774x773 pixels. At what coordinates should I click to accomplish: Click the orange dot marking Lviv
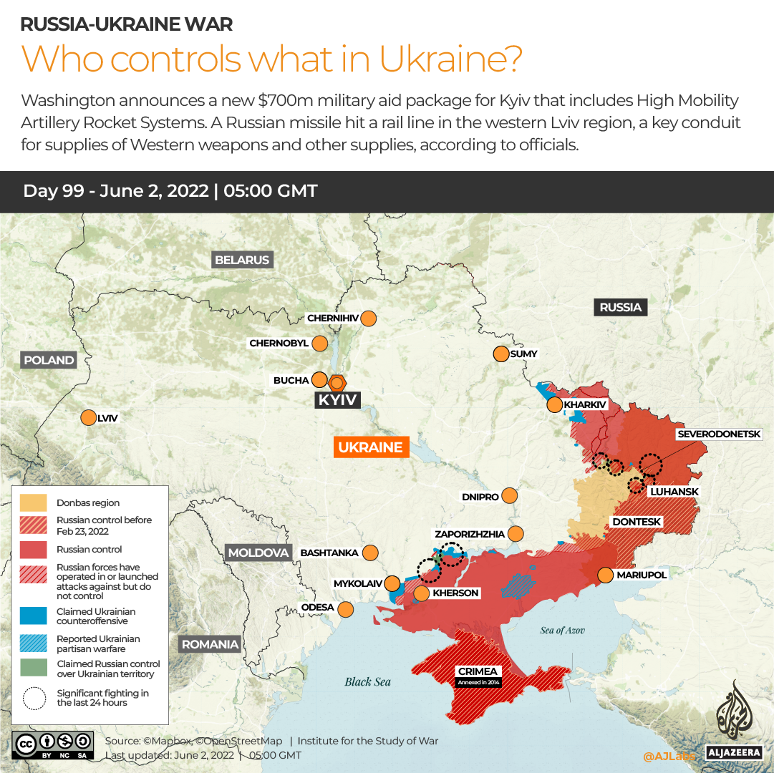pyautogui.click(x=89, y=418)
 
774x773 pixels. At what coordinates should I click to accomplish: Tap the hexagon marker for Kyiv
pyautogui.click(x=337, y=382)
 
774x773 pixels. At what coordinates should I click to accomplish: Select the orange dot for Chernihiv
pyautogui.click(x=369, y=319)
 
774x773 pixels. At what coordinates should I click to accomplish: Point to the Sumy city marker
pyautogui.click(x=500, y=354)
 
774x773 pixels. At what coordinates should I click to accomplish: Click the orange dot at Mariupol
pyautogui.click(x=606, y=575)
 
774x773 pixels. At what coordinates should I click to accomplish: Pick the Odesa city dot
pyautogui.click(x=346, y=609)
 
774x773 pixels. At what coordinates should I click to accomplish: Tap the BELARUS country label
pyautogui.click(x=242, y=260)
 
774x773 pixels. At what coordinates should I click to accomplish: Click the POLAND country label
pyautogui.click(x=49, y=360)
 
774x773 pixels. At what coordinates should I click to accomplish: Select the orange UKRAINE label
pyautogui.click(x=370, y=447)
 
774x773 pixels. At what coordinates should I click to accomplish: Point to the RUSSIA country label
pyautogui.click(x=620, y=307)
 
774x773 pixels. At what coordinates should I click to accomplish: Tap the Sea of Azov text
pyautogui.click(x=562, y=630)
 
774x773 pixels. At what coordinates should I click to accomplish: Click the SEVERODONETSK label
pyautogui.click(x=719, y=434)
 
